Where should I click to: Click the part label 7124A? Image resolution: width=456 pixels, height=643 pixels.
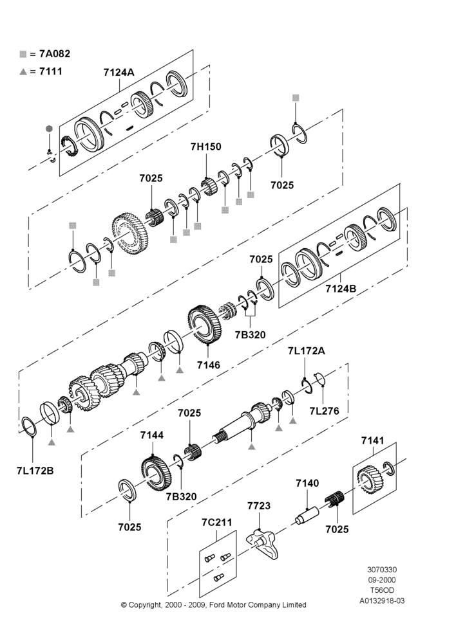click(119, 72)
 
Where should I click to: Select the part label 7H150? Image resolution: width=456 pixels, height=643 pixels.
click(206, 147)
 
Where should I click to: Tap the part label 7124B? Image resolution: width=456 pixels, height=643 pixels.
click(341, 289)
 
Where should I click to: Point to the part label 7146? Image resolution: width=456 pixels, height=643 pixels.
click(208, 365)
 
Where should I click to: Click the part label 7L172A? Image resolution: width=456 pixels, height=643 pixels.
click(306, 351)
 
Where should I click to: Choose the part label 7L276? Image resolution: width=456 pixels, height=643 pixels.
click(324, 411)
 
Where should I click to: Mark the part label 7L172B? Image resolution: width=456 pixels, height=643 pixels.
click(35, 471)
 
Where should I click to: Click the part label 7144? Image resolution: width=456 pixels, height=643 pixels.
click(151, 435)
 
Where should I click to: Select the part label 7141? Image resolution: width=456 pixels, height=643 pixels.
click(373, 440)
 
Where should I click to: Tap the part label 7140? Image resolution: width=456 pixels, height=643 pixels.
click(307, 483)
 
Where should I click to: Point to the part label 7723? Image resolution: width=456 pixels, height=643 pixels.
click(259, 506)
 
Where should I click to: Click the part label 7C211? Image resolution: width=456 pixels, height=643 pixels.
click(217, 522)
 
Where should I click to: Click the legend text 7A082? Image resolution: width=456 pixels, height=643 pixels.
click(55, 54)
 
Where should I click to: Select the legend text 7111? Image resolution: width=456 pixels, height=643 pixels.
click(51, 71)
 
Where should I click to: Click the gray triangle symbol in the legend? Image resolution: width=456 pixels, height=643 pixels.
click(23, 72)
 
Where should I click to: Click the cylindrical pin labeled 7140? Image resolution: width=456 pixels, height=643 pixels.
click(308, 514)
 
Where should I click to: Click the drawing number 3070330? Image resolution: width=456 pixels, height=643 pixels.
click(382, 570)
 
